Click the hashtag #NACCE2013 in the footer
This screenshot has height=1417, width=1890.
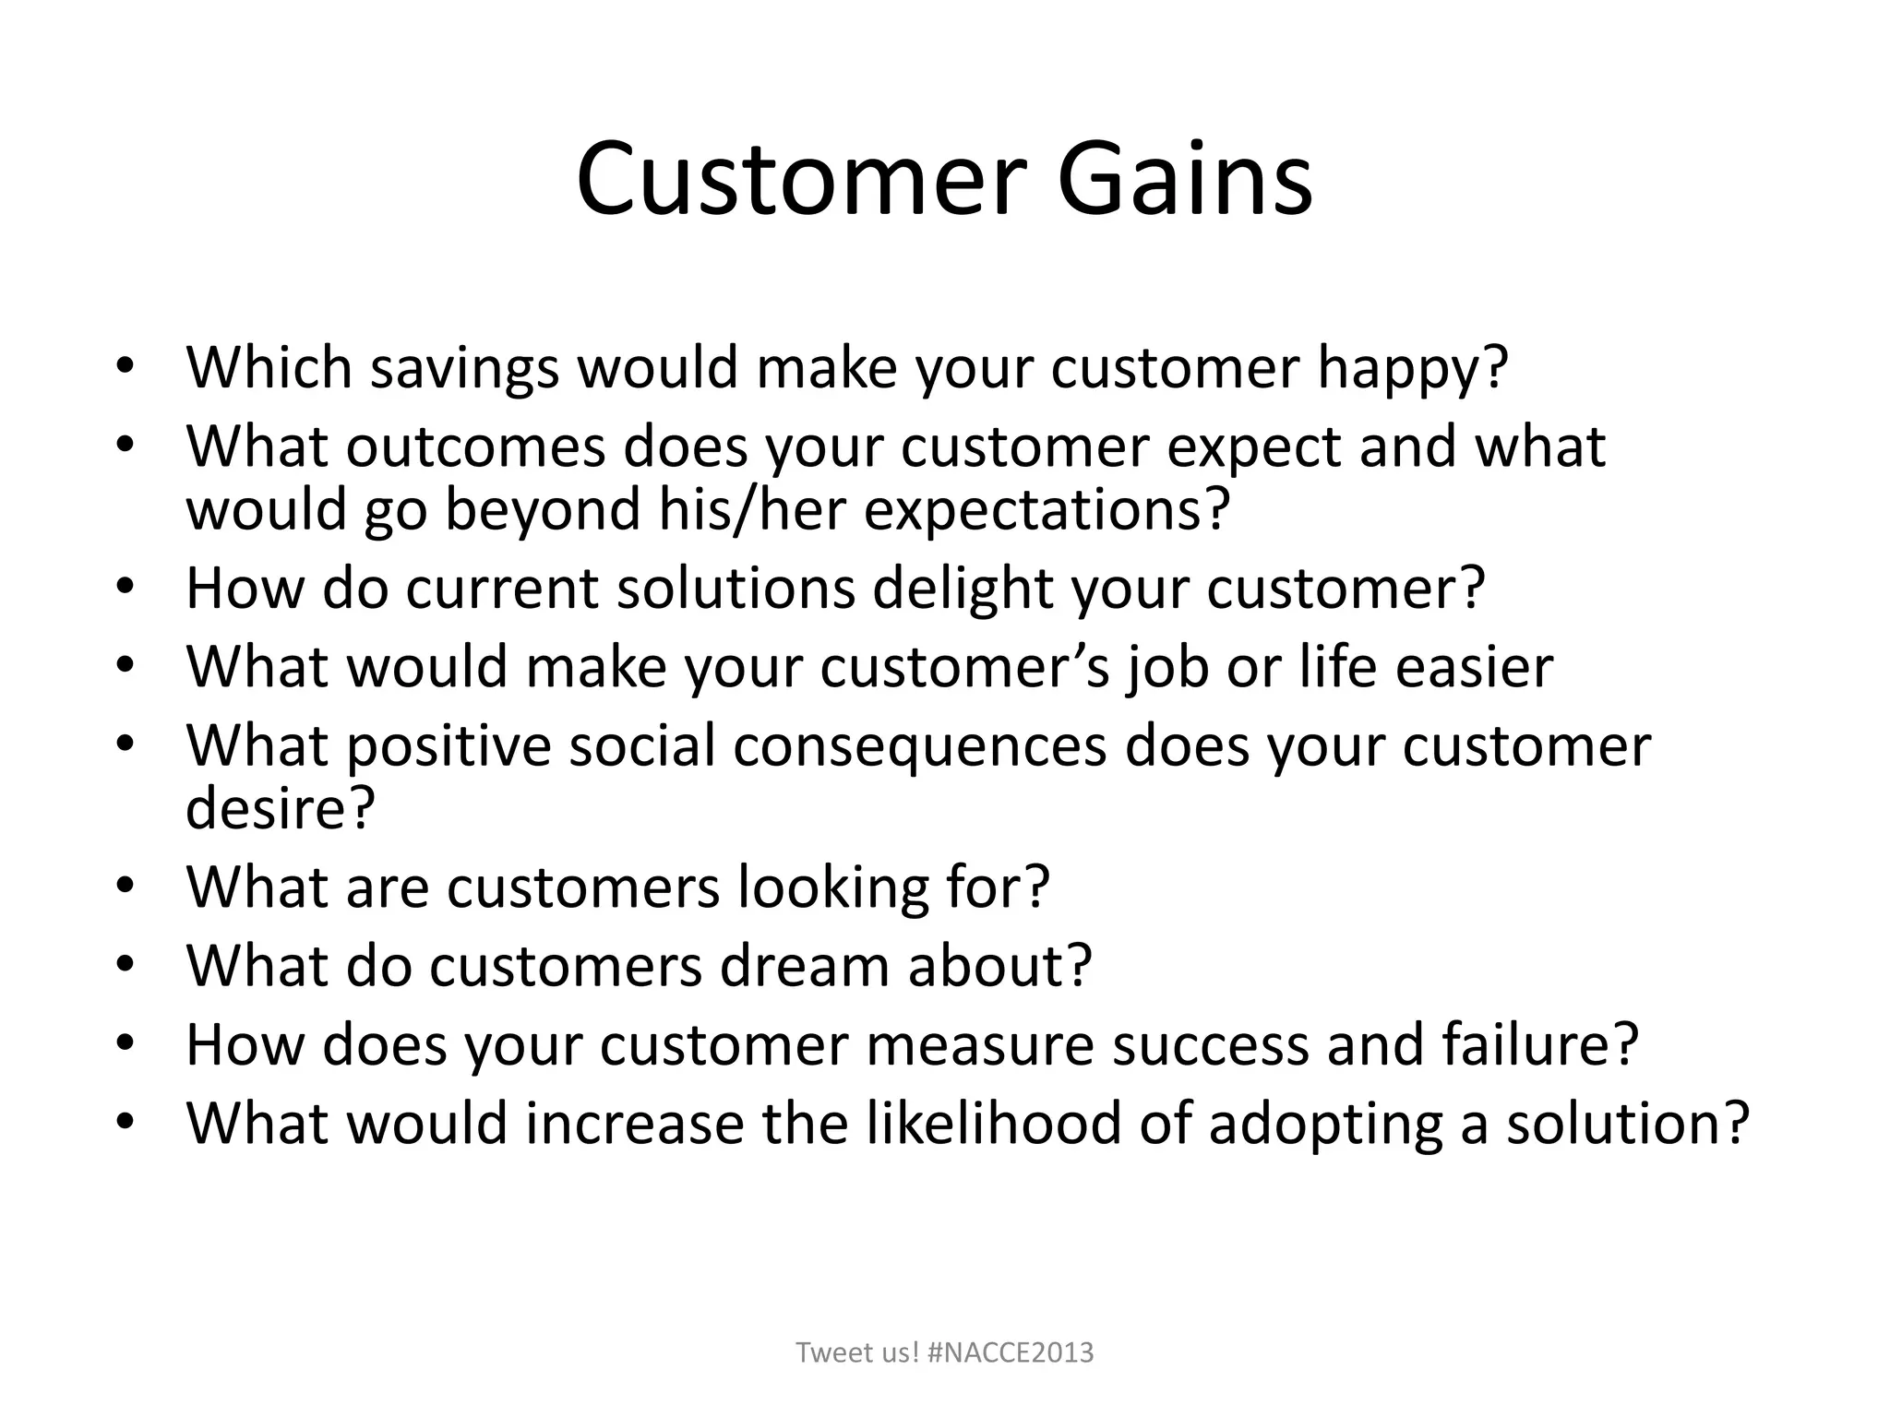click(1011, 1352)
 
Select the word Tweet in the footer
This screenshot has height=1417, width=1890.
click(827, 1352)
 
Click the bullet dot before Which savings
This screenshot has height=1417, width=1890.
click(126, 366)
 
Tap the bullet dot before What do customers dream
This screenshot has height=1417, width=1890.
click(126, 964)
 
